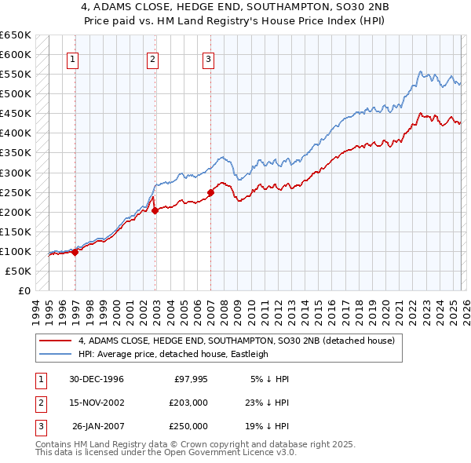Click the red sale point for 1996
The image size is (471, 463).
75,252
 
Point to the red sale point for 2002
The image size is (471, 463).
155,210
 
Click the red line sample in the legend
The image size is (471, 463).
55,341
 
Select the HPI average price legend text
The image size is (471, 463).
173,354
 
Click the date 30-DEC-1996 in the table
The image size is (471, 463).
96,379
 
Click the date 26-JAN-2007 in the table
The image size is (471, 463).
96,426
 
